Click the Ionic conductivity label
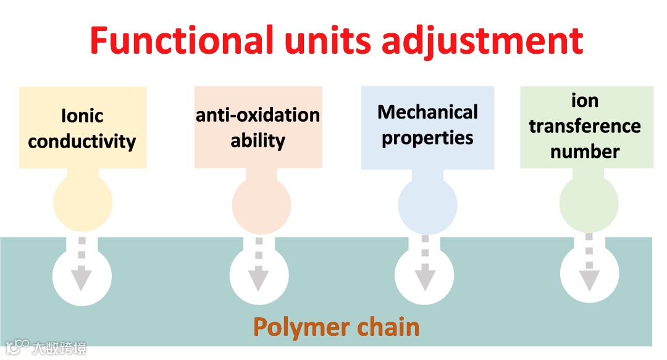82,128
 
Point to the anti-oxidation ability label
258,127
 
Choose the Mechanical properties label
427,125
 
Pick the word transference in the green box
585,126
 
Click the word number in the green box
585,151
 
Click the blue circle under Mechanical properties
427,206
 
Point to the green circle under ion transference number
589,204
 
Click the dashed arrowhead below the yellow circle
81,280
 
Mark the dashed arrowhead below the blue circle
424,280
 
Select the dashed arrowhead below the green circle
589,280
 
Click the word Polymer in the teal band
300,327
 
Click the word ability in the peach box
258,140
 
